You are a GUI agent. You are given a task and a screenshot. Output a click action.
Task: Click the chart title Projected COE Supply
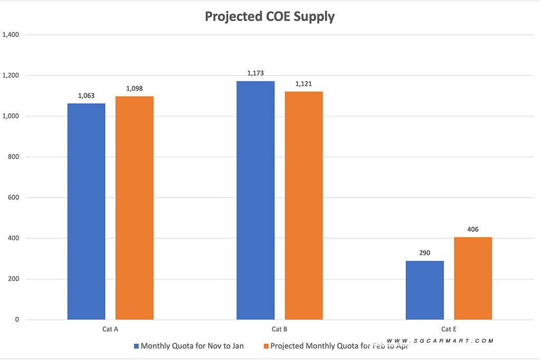[x=269, y=16]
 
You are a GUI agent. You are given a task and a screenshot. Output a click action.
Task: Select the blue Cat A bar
[x=86, y=211]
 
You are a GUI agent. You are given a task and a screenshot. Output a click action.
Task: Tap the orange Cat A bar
[x=134, y=208]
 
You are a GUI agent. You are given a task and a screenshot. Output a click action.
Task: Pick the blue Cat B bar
[x=255, y=200]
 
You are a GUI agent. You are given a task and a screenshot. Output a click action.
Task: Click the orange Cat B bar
[x=304, y=206]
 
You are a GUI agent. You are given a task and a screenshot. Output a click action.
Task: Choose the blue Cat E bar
[x=425, y=290]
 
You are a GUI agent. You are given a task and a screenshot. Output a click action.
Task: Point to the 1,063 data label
[x=86, y=95]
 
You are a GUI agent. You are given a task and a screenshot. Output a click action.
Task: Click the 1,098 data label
[x=134, y=89]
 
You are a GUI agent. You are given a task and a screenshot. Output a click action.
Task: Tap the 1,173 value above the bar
[x=255, y=73]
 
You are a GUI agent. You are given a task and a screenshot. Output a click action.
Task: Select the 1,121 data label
[x=304, y=84]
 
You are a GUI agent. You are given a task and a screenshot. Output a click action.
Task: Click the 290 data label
[x=425, y=253]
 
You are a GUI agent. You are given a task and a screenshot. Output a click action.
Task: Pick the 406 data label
[x=473, y=229]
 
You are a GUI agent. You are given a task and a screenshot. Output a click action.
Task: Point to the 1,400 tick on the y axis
[x=11, y=35]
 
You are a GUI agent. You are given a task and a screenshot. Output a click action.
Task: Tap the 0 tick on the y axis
[x=17, y=319]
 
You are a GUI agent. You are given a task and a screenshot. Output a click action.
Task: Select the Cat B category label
[x=279, y=329]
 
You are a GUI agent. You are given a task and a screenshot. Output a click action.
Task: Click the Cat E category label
[x=449, y=329]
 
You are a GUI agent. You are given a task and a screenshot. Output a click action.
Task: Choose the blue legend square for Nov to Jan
[x=136, y=346]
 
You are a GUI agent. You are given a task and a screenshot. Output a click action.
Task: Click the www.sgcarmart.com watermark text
[x=440, y=341]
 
